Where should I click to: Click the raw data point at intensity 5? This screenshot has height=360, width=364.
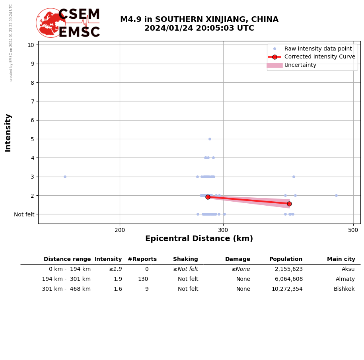(x=210, y=139)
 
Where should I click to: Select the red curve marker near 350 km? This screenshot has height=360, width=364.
(x=289, y=204)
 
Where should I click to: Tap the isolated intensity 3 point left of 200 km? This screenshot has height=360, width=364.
(x=65, y=177)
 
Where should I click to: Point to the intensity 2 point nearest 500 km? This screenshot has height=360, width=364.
(x=336, y=195)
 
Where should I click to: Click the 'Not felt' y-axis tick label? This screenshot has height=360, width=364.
(x=24, y=214)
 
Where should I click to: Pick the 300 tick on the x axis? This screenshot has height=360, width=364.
(x=223, y=230)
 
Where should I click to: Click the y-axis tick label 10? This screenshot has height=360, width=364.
(x=31, y=45)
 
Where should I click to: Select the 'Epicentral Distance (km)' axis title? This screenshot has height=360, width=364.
(x=199, y=239)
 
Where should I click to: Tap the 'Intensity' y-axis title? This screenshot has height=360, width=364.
(x=8, y=132)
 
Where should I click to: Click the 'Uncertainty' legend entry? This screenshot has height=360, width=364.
(x=300, y=65)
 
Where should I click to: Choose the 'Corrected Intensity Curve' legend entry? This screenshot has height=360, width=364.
(x=319, y=57)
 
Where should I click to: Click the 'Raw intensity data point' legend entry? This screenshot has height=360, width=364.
(x=318, y=49)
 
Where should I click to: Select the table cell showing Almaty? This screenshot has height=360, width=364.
(x=345, y=279)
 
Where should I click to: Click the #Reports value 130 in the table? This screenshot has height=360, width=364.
(x=143, y=279)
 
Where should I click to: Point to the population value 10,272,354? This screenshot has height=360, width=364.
(x=287, y=289)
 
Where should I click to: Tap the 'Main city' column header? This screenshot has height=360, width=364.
(x=341, y=259)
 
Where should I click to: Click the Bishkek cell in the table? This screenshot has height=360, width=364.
(x=344, y=289)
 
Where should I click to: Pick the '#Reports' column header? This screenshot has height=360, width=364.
(x=142, y=259)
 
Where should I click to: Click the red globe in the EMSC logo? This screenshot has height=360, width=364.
(x=51, y=23)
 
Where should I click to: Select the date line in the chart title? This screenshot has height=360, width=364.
(x=199, y=28)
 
